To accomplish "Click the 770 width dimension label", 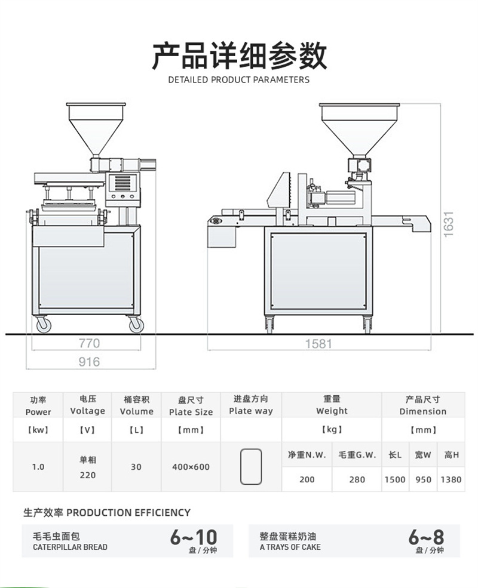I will point(89,343).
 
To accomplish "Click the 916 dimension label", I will point(89,362).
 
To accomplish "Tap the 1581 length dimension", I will point(318,344).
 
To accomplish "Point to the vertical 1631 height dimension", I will point(449,224).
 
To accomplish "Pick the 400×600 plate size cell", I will point(191,467).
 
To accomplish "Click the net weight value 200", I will point(307,479).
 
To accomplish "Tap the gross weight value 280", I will point(357,479).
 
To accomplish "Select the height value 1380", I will point(451,479).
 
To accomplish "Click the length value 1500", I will point(395,479).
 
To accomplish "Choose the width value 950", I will point(423,479).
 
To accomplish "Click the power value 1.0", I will point(38,467).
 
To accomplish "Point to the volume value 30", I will point(136,467).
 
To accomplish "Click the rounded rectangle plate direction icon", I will point(251,466).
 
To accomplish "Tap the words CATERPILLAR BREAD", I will point(70,547).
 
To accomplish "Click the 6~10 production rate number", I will point(193,537).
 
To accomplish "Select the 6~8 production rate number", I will point(426,537).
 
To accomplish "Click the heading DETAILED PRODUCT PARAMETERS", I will point(239,79).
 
